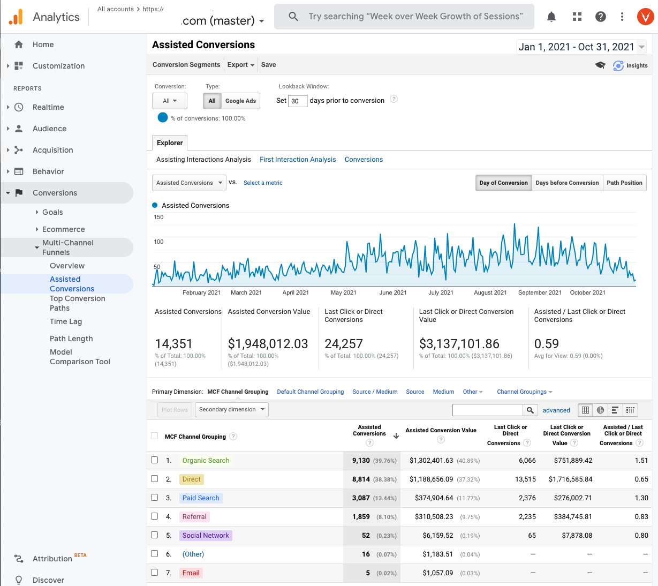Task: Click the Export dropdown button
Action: coord(240,65)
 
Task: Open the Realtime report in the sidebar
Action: coord(48,107)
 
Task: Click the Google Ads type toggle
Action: coord(240,101)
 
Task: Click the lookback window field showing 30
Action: coord(297,101)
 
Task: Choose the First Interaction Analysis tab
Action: coord(298,160)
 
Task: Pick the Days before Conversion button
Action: coord(567,183)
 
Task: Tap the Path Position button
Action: coord(624,183)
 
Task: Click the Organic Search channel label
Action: coord(206,461)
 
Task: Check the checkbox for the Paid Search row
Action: coord(155,498)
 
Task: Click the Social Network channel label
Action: coord(206,536)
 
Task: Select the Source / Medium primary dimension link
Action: coord(375,392)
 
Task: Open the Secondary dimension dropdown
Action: coord(232,410)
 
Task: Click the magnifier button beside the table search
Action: coord(530,410)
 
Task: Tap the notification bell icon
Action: coord(551,17)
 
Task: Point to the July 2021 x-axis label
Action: coord(441,292)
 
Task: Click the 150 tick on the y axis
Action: coord(158,217)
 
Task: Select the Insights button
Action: coord(631,65)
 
